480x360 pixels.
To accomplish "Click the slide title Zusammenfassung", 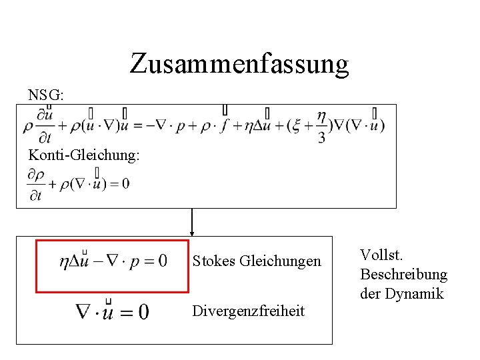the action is [239, 64].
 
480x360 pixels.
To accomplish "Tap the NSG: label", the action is [46, 95].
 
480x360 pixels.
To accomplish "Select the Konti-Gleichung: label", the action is [84, 155].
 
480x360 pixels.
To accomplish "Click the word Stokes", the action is [213, 261].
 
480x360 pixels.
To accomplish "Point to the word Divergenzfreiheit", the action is [248, 311].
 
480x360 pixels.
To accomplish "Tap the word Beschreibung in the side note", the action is [403, 274].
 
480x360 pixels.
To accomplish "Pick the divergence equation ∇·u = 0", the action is [112, 311].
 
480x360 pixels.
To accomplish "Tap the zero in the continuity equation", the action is [125, 184].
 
